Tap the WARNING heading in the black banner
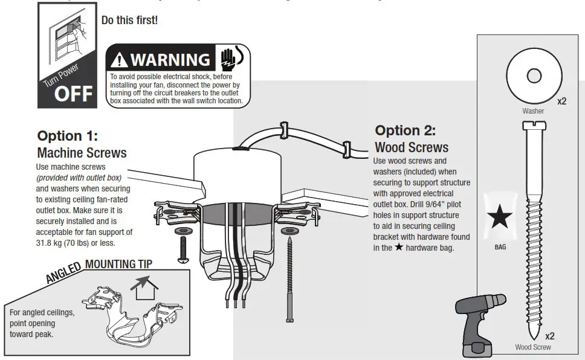(170, 60)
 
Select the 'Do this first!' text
(129, 19)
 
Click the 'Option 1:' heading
(67, 135)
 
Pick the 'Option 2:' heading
(405, 130)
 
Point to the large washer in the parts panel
(533, 76)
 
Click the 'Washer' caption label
(533, 111)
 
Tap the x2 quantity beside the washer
(561, 101)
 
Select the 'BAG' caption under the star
(500, 247)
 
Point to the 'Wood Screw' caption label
(532, 347)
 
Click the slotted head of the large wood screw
(533, 126)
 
